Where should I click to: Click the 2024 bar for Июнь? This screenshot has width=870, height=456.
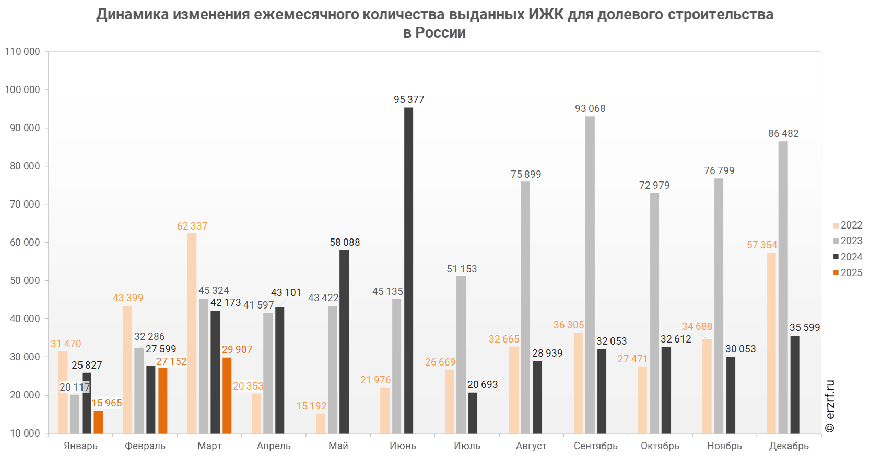(408, 270)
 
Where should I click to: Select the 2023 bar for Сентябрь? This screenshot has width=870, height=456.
(590, 275)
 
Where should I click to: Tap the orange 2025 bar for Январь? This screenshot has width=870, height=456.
(98, 421)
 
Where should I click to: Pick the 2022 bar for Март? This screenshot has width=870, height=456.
(192, 333)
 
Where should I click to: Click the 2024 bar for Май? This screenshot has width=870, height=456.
(344, 341)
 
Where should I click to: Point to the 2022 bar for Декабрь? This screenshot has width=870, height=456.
(771, 343)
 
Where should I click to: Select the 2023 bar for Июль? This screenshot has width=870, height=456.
(461, 355)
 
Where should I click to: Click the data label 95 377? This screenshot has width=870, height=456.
(409, 99)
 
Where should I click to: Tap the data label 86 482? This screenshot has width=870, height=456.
(783, 133)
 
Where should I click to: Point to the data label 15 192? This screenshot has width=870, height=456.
(311, 406)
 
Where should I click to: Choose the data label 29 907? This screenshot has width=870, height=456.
(237, 349)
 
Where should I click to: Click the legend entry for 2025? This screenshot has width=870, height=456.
(848, 272)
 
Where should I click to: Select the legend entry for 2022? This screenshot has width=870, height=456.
(848, 225)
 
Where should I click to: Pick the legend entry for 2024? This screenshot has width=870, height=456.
(848, 257)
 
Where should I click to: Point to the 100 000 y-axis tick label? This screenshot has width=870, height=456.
(22, 89)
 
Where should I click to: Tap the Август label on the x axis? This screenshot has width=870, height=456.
(532, 446)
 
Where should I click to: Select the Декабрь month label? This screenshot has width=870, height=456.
(789, 446)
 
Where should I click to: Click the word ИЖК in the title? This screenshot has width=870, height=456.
(546, 14)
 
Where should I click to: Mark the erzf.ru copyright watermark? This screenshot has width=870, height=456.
(830, 406)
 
